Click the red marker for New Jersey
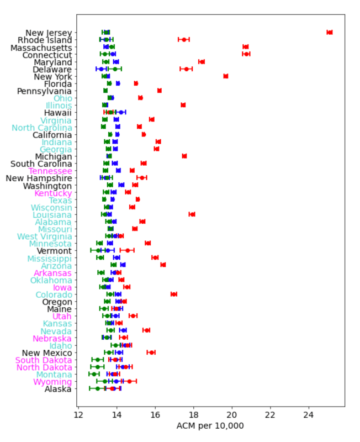click(x=330, y=33)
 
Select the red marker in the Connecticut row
click(x=246, y=54)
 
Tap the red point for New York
click(x=226, y=76)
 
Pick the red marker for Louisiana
click(x=192, y=214)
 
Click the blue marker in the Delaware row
click(x=102, y=69)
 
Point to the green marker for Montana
click(x=94, y=374)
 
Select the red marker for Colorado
click(x=174, y=294)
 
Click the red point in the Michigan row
click(x=184, y=156)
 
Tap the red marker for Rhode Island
click(x=184, y=40)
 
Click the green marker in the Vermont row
click(x=98, y=250)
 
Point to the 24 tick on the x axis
click(x=309, y=407)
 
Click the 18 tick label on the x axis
click(x=193, y=415)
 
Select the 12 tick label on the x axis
click(x=78, y=415)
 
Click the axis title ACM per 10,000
click(x=210, y=425)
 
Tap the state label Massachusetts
click(x=41, y=48)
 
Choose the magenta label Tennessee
click(x=50, y=171)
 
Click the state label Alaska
click(x=58, y=389)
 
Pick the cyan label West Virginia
click(x=45, y=236)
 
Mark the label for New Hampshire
click(x=39, y=178)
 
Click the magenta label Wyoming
click(x=52, y=382)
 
